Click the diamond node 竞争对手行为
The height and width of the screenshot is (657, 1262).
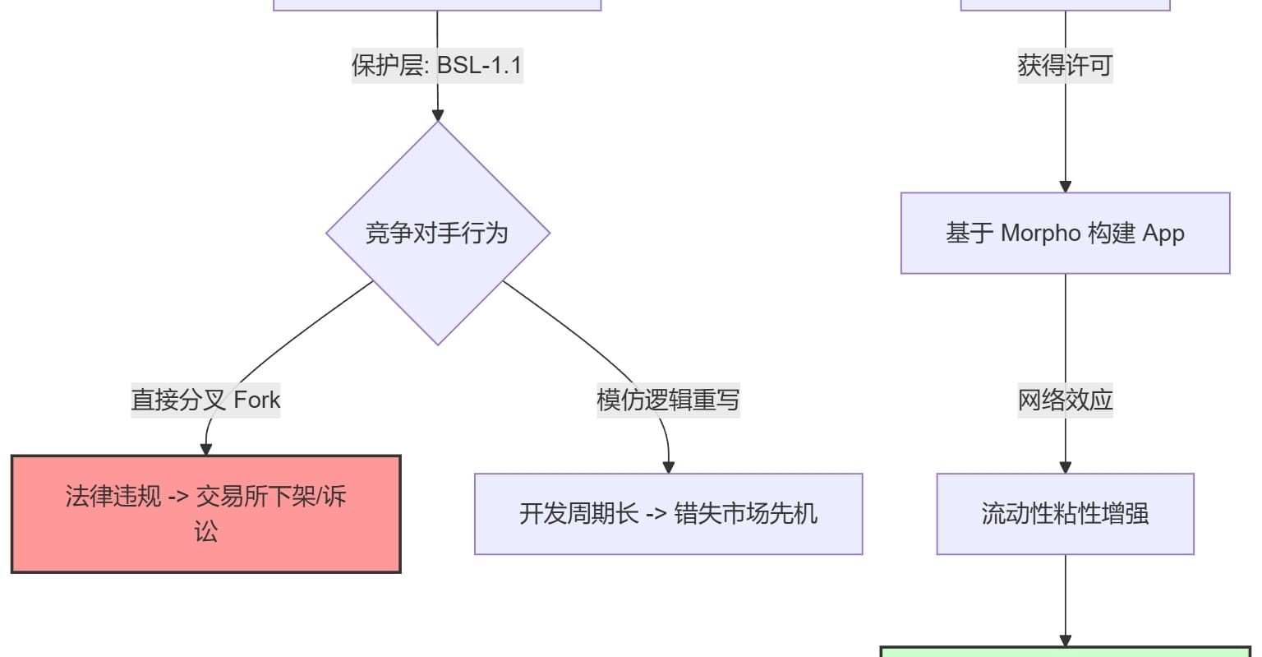pyautogui.click(x=437, y=234)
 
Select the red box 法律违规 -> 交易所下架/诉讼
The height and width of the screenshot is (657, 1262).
pyautogui.click(x=205, y=513)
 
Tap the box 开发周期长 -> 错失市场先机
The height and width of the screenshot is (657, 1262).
pyautogui.click(x=668, y=514)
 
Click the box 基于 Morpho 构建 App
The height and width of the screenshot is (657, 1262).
pyautogui.click(x=1065, y=234)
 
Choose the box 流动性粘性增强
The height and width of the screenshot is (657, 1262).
pyautogui.click(x=1065, y=514)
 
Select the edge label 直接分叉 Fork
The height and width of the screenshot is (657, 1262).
pyautogui.click(x=205, y=400)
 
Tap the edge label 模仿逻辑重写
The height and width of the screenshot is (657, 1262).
pyautogui.click(x=668, y=400)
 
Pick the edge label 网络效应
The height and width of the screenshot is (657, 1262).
pyautogui.click(x=1065, y=400)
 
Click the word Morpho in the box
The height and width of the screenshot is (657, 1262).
pyautogui.click(x=1040, y=234)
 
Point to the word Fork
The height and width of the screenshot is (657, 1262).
pyautogui.click(x=257, y=400)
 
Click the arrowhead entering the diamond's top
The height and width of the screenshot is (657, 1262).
pyautogui.click(x=437, y=115)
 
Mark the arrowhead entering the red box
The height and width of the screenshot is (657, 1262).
pyautogui.click(x=206, y=449)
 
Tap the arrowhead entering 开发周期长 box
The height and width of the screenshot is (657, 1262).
pyautogui.click(x=668, y=467)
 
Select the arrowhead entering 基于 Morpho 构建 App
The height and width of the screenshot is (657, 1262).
pyautogui.click(x=1065, y=187)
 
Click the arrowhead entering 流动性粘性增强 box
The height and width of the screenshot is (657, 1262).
pyautogui.click(x=1065, y=467)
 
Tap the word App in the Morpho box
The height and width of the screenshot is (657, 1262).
pyautogui.click(x=1163, y=234)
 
